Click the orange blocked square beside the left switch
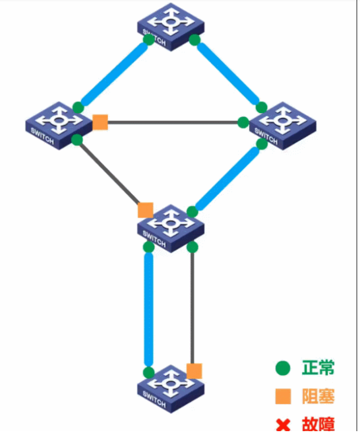click(101, 122)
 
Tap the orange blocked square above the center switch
click(145, 210)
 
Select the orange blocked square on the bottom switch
click(194, 371)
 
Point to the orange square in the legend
click(282, 397)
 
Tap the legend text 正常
click(318, 368)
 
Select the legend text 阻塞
click(318, 396)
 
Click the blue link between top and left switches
click(114, 73)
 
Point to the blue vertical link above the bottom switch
click(149, 310)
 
